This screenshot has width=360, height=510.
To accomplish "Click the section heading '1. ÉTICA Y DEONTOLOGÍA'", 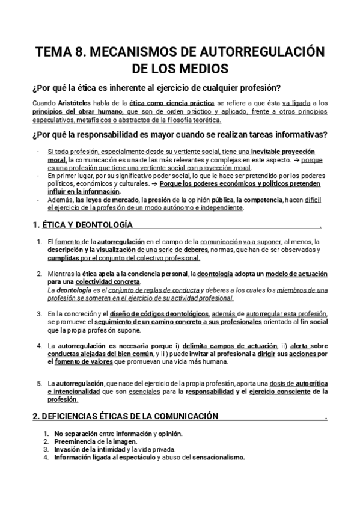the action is (82, 226).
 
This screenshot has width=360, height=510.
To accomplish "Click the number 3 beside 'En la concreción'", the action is (40, 314).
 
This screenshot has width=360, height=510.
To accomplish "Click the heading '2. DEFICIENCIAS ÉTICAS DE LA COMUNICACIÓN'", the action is (124, 416).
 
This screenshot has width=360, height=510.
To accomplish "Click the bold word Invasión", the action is (67, 449).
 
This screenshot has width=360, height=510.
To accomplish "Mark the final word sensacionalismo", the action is (216, 456).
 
